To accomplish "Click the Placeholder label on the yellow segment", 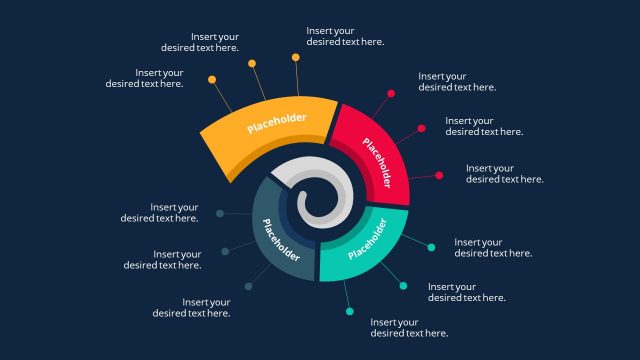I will pos(277,123).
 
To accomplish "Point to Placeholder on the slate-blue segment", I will pos(282,240).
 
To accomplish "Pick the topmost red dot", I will pos(391,94).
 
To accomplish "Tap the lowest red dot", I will pos(439,176).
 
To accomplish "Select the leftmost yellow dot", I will pos(212,79).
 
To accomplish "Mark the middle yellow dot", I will pos(252,63).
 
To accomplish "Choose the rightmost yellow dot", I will pos(296,57).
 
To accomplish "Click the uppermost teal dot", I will pos(431,247).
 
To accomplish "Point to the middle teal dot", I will pos(403,286).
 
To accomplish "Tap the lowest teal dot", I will pos(350,312).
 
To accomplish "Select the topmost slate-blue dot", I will pos(220,213).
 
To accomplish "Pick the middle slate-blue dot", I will pos(225,251).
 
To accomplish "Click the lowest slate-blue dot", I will pos(249,287).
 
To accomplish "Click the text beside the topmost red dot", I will pos(457,82).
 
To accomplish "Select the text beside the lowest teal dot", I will pos(409,328).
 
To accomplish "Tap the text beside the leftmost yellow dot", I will pos(145,78).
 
